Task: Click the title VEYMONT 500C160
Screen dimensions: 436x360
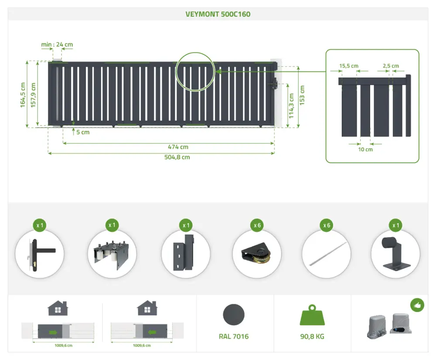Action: tap(218, 14)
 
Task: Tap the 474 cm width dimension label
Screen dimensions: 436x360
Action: tap(178, 147)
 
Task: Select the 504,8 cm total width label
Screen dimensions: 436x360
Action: tap(177, 157)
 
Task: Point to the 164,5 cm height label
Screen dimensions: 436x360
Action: tap(23, 95)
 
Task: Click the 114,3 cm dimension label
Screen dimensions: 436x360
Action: tap(291, 106)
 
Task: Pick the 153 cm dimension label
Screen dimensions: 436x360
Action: tap(302, 95)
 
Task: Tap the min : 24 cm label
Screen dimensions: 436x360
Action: tap(57, 44)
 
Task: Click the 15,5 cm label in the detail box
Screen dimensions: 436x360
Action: tap(349, 66)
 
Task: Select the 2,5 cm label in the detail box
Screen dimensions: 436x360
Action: tap(391, 66)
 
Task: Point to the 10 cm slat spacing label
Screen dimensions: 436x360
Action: tap(365, 149)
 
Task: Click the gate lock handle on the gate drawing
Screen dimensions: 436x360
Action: tap(275, 83)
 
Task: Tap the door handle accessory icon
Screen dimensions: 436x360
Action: tap(40, 255)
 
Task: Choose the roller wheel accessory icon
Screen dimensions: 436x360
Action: tap(257, 253)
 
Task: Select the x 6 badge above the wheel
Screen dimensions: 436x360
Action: tap(257, 225)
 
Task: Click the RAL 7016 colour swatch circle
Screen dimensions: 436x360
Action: tap(234, 315)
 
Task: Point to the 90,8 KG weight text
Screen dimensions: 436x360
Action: tap(312, 336)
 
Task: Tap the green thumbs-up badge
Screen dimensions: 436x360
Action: tap(417, 305)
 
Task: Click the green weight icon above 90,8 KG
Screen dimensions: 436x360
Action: tap(312, 315)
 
